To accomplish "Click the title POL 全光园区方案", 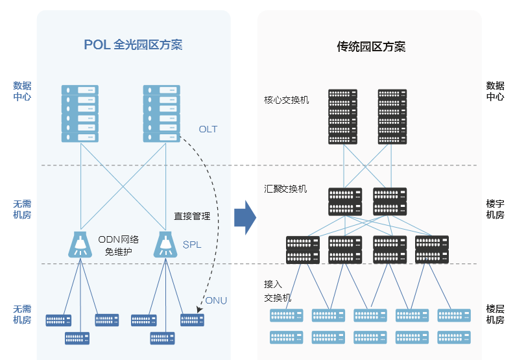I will click(x=133, y=45).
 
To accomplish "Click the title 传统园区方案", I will click(x=371, y=47).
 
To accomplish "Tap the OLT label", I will click(x=208, y=129).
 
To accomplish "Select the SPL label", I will click(x=192, y=245).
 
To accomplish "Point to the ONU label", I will click(x=216, y=300).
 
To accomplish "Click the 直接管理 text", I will click(x=192, y=217).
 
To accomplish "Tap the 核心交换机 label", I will click(x=286, y=100).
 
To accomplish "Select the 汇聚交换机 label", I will click(x=285, y=189).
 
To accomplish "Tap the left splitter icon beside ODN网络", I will click(x=80, y=243).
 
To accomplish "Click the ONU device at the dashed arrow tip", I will click(x=192, y=320).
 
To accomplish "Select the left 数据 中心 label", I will click(x=22, y=91).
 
